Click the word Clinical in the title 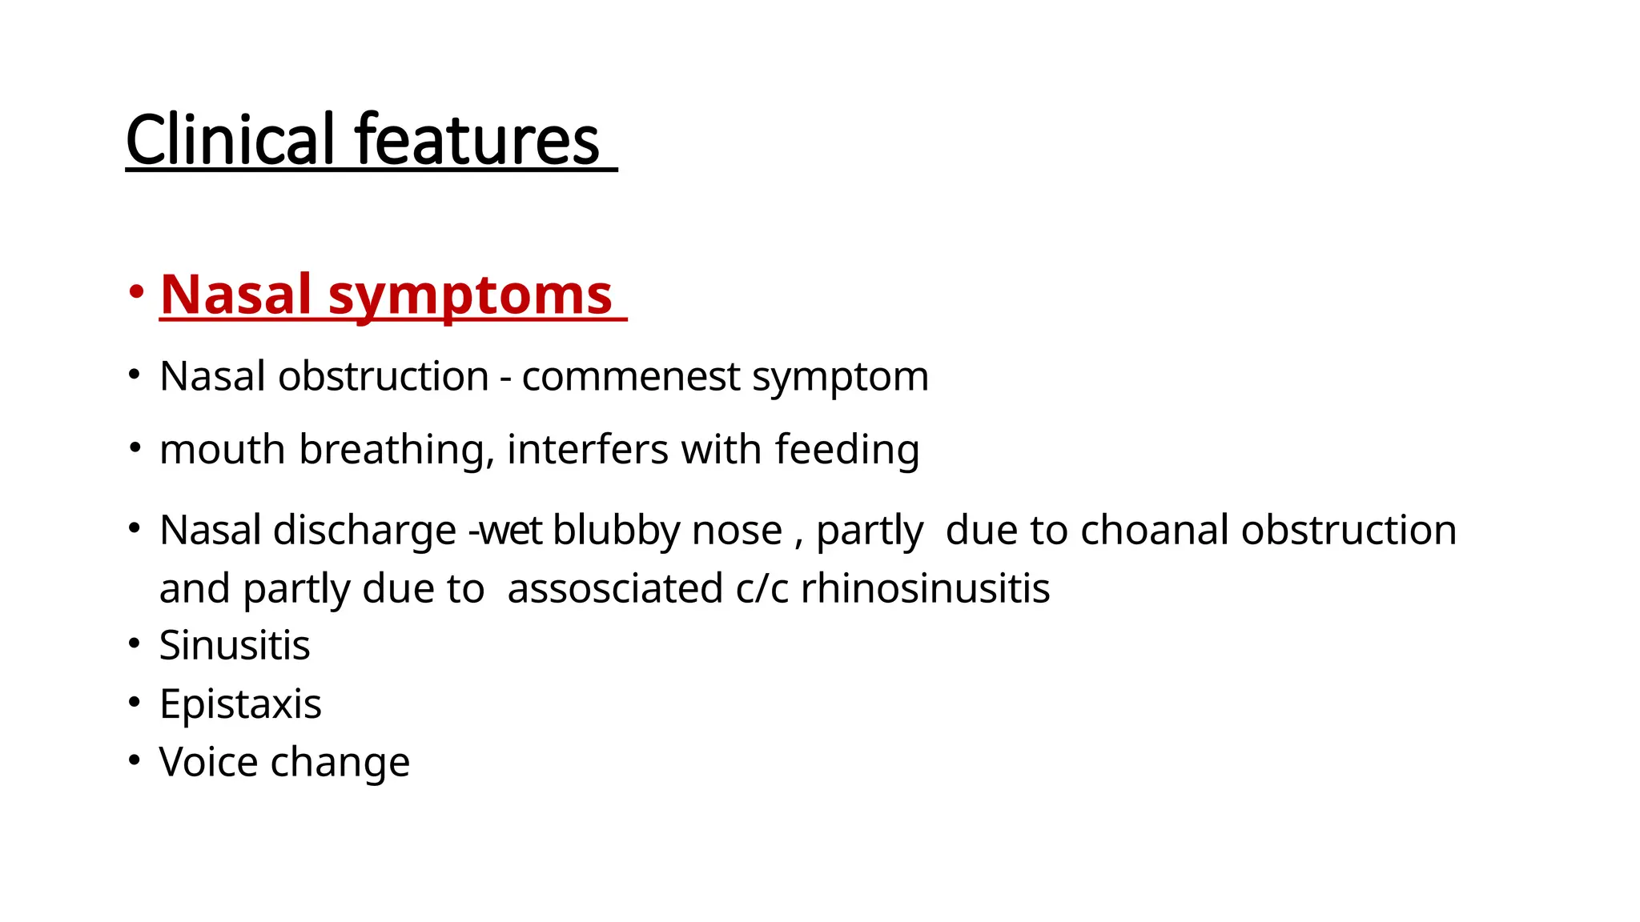click(x=230, y=140)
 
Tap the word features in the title click(x=476, y=140)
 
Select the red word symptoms click(x=470, y=295)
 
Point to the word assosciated click(x=615, y=589)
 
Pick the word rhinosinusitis click(x=925, y=589)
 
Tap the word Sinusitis click(x=235, y=646)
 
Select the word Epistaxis click(x=240, y=704)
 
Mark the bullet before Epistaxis click(x=135, y=703)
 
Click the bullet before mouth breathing click(x=135, y=448)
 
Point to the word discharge click(x=364, y=531)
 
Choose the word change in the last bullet click(x=340, y=763)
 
